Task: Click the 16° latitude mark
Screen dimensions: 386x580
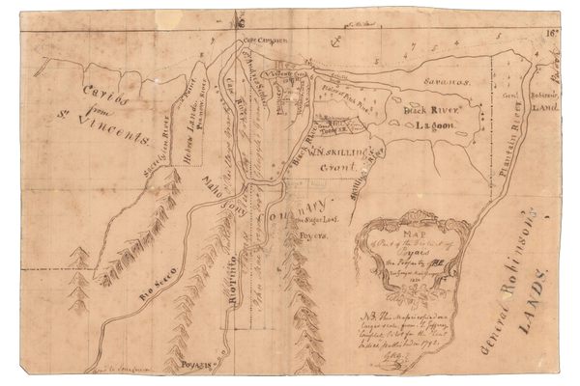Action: click(551, 32)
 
